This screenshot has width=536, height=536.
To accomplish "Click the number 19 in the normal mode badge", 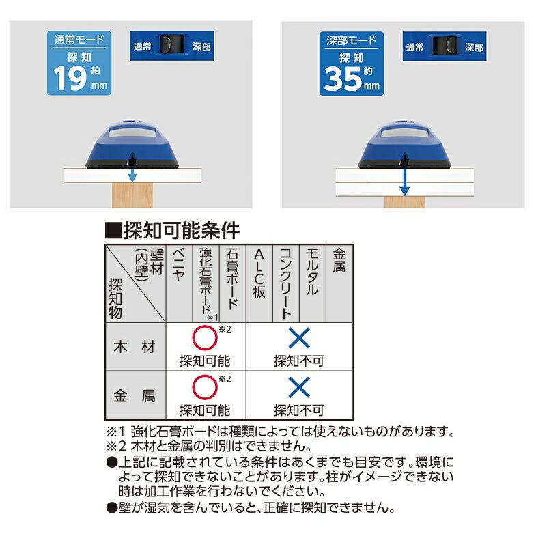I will (68, 78).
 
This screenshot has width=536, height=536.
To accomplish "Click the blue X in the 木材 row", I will (298, 339).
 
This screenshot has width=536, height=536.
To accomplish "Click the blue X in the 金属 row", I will (298, 388).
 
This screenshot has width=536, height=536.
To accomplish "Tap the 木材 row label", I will (135, 346).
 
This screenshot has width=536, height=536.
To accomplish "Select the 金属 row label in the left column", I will (135, 395).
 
